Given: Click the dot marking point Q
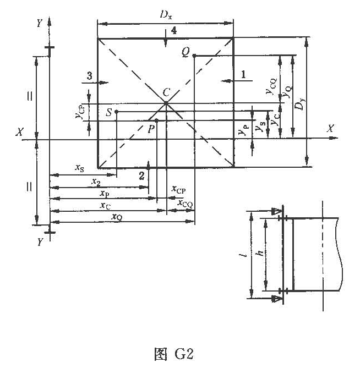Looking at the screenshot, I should click(194, 56).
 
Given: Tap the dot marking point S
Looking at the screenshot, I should click(116, 112).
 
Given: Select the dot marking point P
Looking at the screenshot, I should click(157, 120).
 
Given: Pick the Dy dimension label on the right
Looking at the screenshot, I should click(299, 104).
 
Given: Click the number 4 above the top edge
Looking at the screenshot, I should click(173, 31).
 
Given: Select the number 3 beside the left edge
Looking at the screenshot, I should click(89, 76).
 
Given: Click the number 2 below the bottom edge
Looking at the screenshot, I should click(141, 175).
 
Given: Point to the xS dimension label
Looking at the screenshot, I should click(80, 169).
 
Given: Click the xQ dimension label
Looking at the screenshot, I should click(117, 217).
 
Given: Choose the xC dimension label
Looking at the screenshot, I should click(106, 205).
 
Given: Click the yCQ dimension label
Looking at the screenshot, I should click(270, 83).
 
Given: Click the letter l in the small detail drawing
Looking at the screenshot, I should click(243, 257).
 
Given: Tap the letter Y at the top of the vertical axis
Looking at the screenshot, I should click(39, 23).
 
